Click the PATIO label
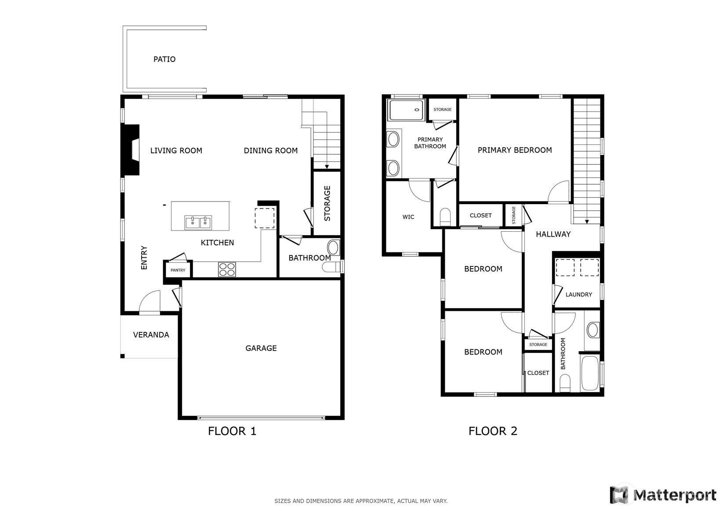tap(164, 59)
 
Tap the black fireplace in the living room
tap(130, 150)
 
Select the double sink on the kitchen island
tap(198, 223)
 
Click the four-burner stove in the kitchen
tap(227, 270)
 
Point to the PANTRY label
tap(178, 270)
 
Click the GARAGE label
tap(261, 348)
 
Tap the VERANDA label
tap(151, 335)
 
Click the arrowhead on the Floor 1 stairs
tap(327, 167)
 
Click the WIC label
tap(408, 217)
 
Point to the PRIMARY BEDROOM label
tap(515, 150)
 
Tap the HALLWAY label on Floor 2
tap(553, 234)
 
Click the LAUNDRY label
tap(578, 295)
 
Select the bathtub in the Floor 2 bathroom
tap(590, 373)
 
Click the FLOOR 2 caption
tap(493, 431)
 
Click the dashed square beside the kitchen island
tap(264, 218)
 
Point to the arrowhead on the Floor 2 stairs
tap(587, 222)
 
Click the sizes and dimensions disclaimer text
tap(361, 501)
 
